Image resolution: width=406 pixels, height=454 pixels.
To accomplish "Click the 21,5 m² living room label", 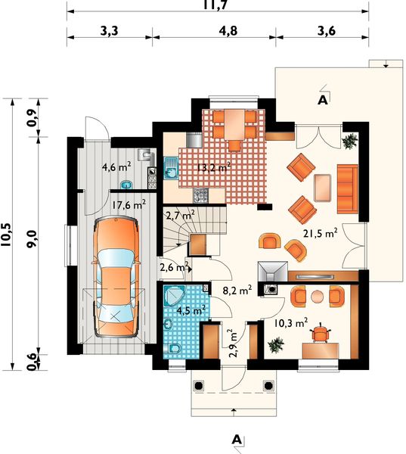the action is pyautogui.click(x=321, y=233).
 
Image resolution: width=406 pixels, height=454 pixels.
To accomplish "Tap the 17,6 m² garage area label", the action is pyautogui.click(x=129, y=205).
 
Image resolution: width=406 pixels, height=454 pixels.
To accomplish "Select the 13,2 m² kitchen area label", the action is pyautogui.click(x=214, y=167).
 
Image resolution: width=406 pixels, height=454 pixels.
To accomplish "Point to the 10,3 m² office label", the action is pyautogui.click(x=290, y=322).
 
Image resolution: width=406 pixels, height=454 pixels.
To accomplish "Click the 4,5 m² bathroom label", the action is pyautogui.click(x=191, y=310).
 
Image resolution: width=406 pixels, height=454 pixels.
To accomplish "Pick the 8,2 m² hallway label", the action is pyautogui.click(x=237, y=290).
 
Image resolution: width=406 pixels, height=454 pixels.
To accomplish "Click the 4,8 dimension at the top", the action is pyautogui.click(x=228, y=30).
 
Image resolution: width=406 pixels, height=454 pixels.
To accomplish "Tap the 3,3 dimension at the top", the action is pyautogui.click(x=110, y=30).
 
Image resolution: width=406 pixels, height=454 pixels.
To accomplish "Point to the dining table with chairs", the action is pyautogui.click(x=234, y=129).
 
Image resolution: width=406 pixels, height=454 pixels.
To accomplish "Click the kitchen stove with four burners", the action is pyautogui.click(x=200, y=195).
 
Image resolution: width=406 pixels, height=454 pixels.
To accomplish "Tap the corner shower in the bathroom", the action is pyautogui.click(x=174, y=296).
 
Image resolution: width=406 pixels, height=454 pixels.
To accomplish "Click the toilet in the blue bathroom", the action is pyautogui.click(x=173, y=348).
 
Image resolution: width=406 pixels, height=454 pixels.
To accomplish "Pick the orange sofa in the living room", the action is pyautogui.click(x=347, y=189).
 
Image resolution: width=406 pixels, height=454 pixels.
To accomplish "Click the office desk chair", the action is pyautogui.click(x=320, y=333).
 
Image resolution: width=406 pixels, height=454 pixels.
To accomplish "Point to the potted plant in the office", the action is pyautogui.click(x=276, y=345).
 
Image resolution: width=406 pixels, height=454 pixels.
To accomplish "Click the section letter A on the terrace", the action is pyautogui.click(x=322, y=100).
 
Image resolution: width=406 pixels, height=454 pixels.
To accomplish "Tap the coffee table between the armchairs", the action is pyautogui.click(x=322, y=188).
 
